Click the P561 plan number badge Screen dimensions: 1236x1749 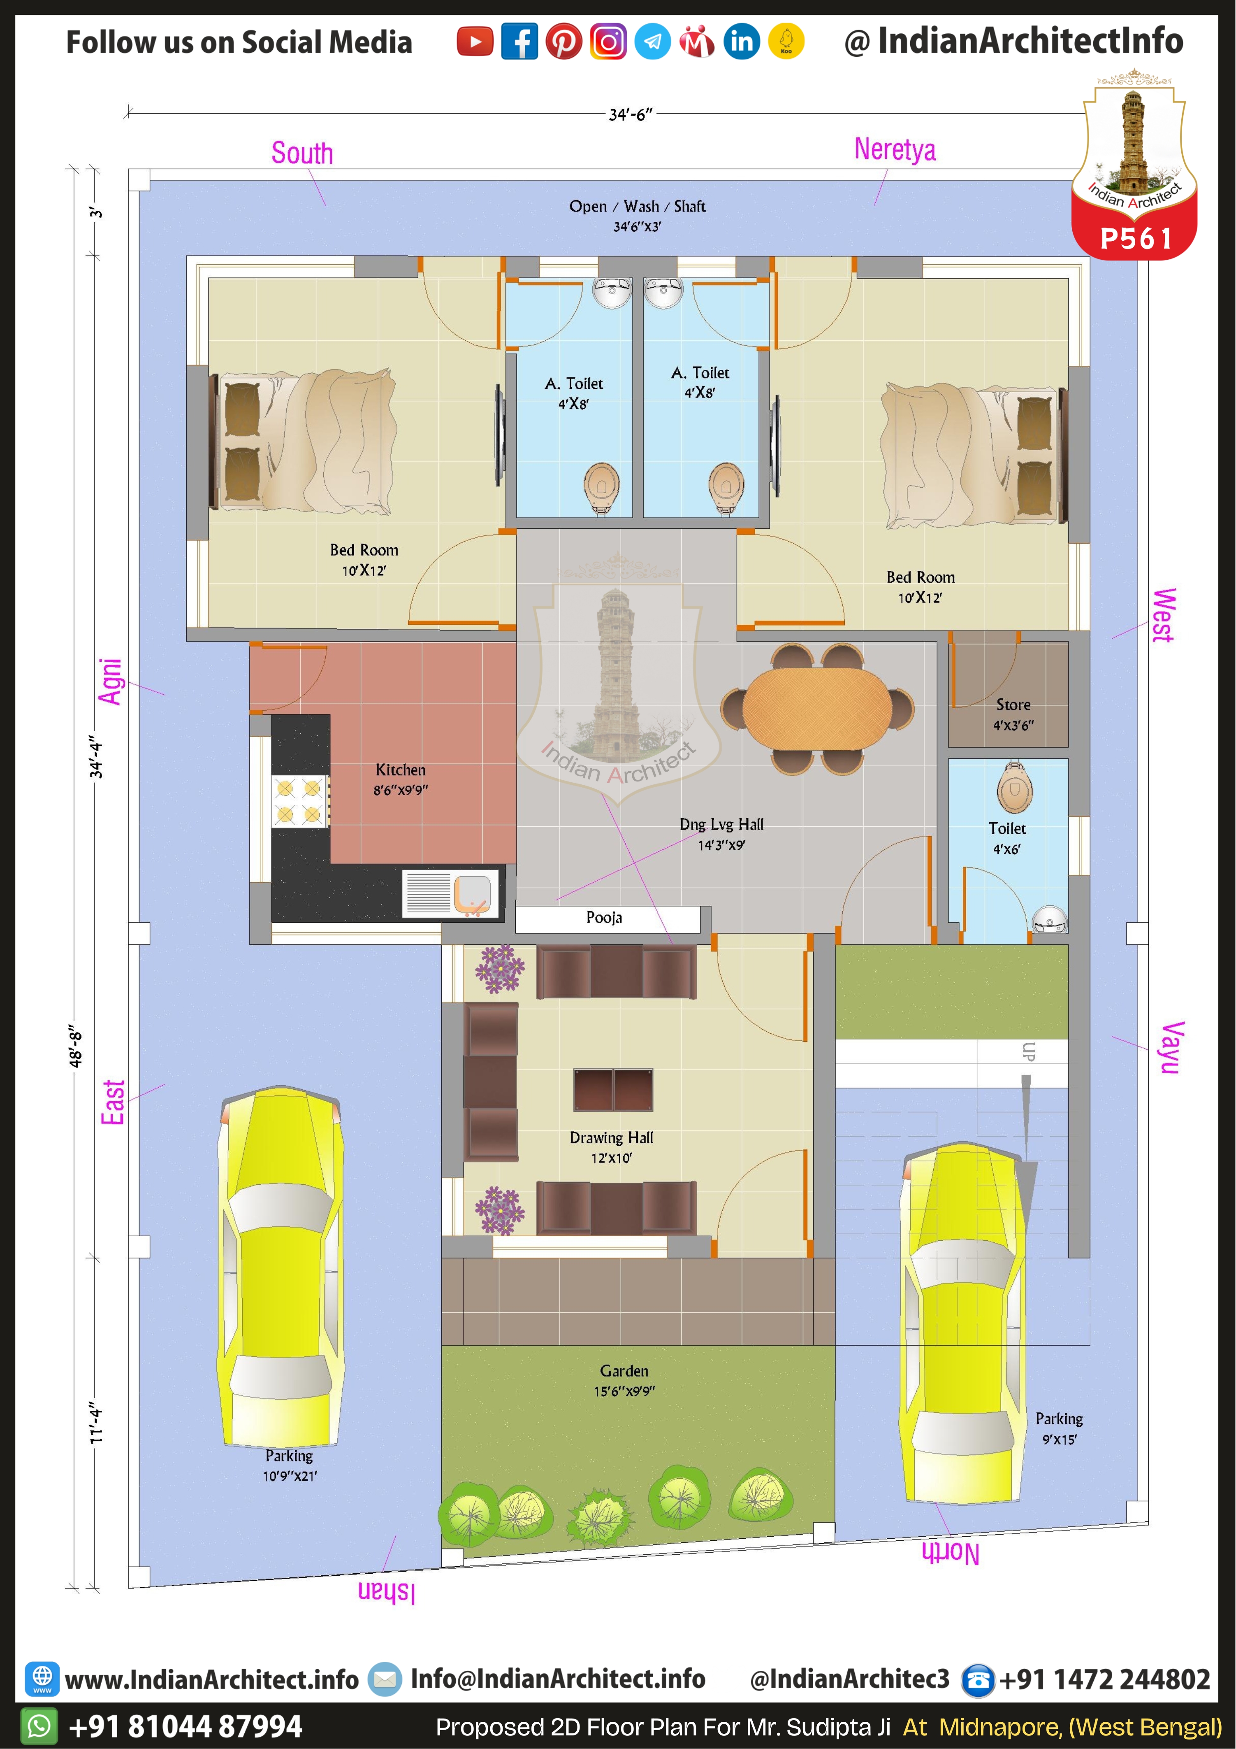(x=1136, y=238)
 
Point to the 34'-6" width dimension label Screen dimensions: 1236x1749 (x=631, y=114)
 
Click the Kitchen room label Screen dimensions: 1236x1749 (x=401, y=770)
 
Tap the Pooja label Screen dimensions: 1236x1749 (x=604, y=918)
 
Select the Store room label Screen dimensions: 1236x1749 (x=1013, y=705)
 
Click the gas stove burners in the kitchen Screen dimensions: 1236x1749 (x=299, y=801)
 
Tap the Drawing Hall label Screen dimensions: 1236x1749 (x=612, y=1138)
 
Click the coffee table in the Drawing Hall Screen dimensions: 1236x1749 (x=613, y=1090)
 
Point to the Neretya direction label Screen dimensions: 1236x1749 (x=895, y=149)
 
